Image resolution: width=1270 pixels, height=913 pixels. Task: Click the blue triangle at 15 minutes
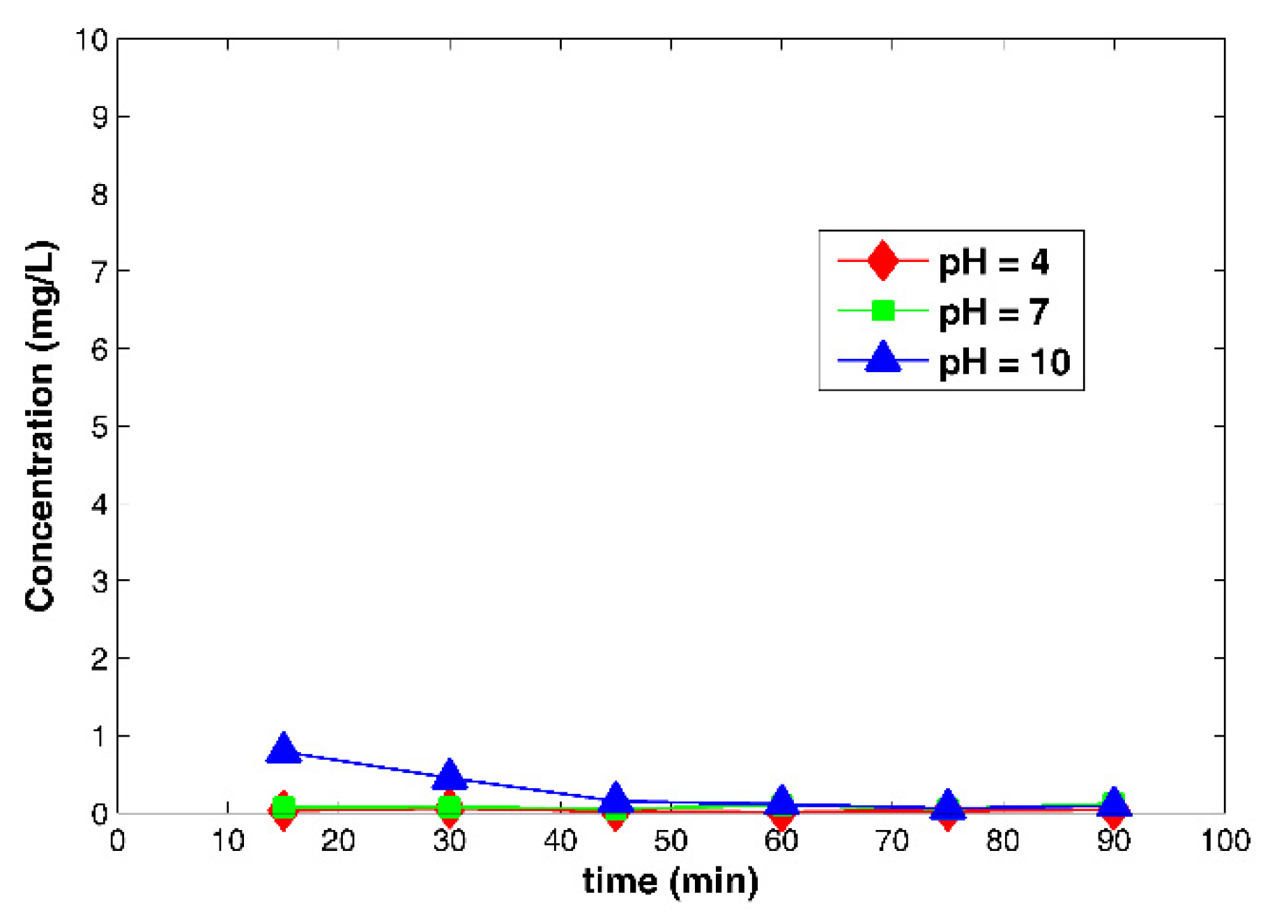283,749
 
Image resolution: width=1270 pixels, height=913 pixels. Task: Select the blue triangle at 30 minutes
450,775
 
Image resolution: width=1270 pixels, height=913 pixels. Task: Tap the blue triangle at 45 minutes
615,797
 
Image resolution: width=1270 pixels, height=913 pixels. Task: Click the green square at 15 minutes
283,807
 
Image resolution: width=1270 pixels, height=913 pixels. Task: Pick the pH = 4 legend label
993,262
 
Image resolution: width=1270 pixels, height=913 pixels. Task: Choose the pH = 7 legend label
993,312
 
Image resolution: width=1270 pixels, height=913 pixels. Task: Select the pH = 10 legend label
1004,362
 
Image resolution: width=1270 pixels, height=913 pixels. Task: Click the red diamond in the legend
882,261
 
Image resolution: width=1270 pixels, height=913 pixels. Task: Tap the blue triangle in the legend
882,358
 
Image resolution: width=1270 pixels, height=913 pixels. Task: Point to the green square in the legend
882,310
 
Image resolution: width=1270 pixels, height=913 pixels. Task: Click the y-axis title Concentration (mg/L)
40,427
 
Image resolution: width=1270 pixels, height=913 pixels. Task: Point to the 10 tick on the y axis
91,40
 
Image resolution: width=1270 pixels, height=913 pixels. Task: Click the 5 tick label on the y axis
100,427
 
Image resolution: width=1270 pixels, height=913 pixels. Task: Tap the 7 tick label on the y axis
100,271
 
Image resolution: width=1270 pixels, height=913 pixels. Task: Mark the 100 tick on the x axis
1224,841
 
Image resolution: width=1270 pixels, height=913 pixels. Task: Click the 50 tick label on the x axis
671,841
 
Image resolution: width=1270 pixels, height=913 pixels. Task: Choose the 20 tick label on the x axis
338,841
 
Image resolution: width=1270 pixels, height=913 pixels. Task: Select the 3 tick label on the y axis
100,581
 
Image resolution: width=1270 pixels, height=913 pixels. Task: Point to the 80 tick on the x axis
1002,841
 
